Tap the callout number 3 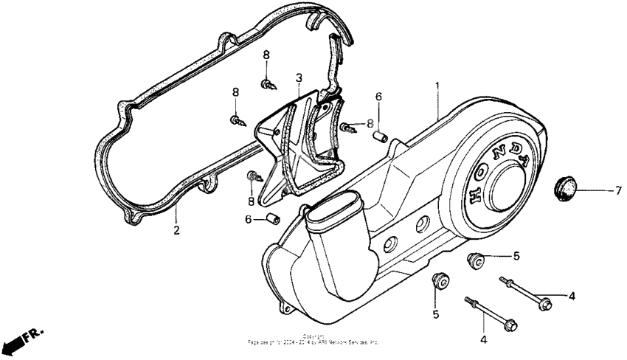[299, 77]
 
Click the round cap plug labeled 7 [566, 187]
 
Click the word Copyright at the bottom [313, 336]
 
